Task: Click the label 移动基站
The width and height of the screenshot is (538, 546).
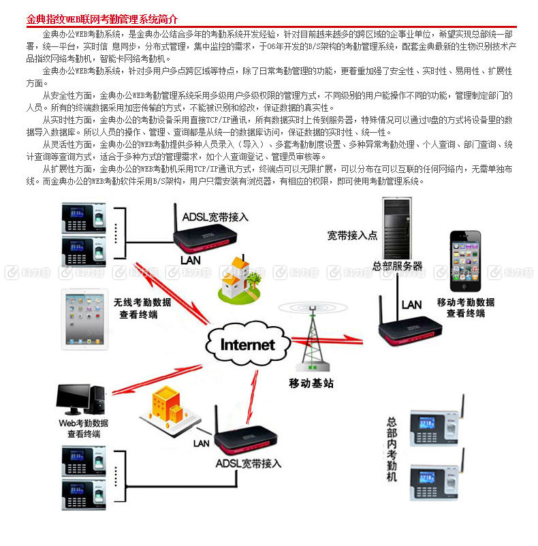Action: (x=311, y=383)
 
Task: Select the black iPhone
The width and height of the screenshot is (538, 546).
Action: (x=467, y=260)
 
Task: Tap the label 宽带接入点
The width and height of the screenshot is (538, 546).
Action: (x=352, y=236)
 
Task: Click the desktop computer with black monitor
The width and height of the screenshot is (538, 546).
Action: (x=80, y=401)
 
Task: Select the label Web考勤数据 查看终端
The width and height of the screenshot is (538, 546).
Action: (x=83, y=428)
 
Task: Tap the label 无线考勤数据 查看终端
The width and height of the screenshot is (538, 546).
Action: (x=142, y=308)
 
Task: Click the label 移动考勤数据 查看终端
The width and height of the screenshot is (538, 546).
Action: (x=466, y=308)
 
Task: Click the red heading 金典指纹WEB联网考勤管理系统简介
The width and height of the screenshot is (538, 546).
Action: (x=102, y=20)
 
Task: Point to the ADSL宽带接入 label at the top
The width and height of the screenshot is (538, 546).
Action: (x=216, y=217)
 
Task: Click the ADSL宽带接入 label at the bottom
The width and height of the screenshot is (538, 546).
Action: (x=248, y=464)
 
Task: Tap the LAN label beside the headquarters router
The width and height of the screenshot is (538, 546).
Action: (x=411, y=304)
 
